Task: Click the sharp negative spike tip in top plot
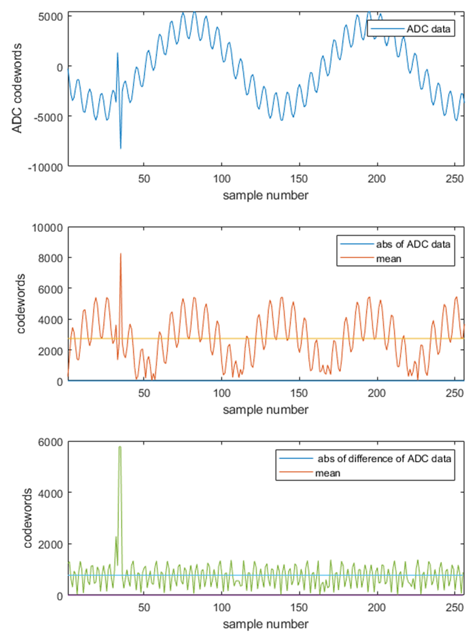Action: [x=121, y=148]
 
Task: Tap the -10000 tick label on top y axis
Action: [x=46, y=167]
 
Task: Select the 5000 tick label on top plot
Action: [x=50, y=16]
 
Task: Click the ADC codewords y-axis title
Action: [x=17, y=88]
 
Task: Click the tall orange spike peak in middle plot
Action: [x=121, y=254]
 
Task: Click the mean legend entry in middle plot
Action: [x=388, y=259]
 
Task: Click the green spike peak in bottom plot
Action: [x=120, y=447]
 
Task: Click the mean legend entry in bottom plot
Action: [x=328, y=473]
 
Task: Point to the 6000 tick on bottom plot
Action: [x=50, y=442]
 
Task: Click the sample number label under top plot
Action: [x=266, y=195]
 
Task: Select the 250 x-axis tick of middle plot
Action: [x=454, y=393]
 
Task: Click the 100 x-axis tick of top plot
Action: [x=221, y=179]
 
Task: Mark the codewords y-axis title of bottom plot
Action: [x=28, y=518]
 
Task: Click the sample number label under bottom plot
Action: [x=266, y=624]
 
